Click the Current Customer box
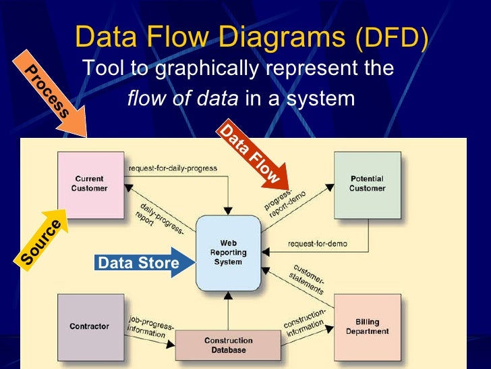pos(90,184)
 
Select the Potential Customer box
pos(367,184)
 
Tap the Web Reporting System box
pos(228,252)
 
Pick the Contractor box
pos(89,326)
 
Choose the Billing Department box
pos(367,326)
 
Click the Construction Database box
pos(228,345)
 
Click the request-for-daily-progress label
pos(172,168)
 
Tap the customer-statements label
pos(310,278)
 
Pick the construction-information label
pos(305,324)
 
